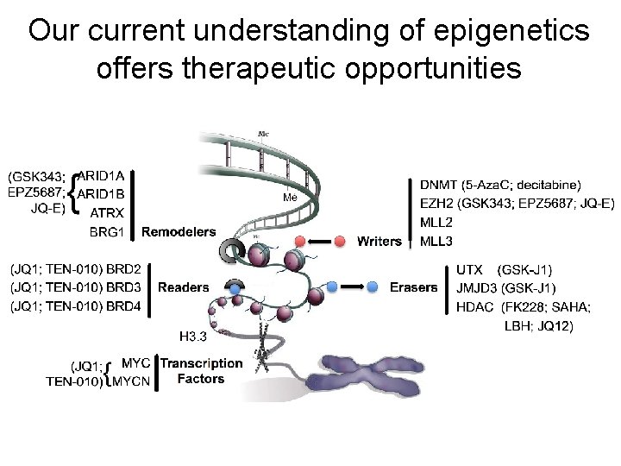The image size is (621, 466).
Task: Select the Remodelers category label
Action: point(179,231)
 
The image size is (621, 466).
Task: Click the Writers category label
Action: point(379,240)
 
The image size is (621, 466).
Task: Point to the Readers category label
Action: point(183,287)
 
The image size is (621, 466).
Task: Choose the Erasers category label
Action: point(413,287)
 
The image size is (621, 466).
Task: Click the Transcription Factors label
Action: point(201,371)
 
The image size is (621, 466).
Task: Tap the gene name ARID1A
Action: point(106,176)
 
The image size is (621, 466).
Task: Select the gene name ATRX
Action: point(107,212)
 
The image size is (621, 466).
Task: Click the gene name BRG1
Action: point(108,231)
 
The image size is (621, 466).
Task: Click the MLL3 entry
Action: point(436,241)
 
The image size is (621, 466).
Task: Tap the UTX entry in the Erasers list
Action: point(469,269)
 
